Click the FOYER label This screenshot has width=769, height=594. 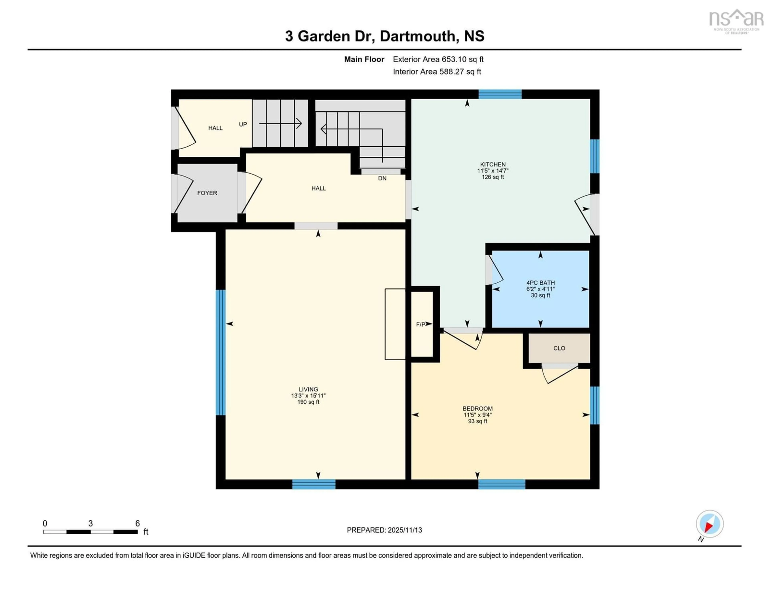pyautogui.click(x=207, y=193)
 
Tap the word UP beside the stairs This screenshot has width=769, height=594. pyautogui.click(x=243, y=124)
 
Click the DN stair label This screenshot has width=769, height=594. pyautogui.click(x=382, y=178)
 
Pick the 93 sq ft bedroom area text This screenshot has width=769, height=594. pyautogui.click(x=477, y=421)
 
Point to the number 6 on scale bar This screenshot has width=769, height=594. pyautogui.click(x=137, y=524)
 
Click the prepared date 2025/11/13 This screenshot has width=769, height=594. pyautogui.click(x=405, y=530)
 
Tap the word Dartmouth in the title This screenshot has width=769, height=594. pyautogui.click(x=418, y=36)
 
